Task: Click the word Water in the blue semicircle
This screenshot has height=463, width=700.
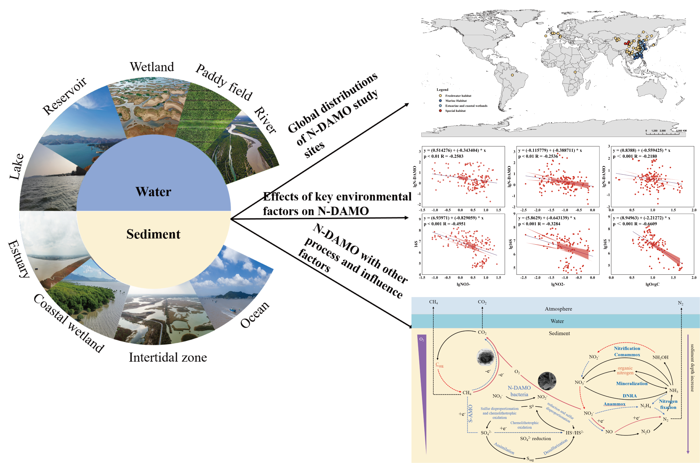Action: pos(153,192)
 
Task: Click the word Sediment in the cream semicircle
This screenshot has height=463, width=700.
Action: pos(153,234)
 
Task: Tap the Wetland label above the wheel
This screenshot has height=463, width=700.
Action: pos(152,67)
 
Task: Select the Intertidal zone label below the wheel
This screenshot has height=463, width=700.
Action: pos(168,357)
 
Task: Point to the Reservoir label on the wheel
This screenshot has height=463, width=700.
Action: pos(64,96)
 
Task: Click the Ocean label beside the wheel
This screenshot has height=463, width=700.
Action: pos(255,314)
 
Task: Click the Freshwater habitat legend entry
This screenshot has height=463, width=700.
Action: pos(458,96)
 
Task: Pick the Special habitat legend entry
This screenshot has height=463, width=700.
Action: pos(455,111)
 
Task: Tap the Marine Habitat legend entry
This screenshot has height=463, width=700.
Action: pos(455,101)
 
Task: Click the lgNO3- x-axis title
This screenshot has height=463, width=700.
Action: pos(463,284)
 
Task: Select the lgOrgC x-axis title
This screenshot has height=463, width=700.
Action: pos(652,284)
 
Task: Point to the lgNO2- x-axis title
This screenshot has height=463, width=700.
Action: pos(558,284)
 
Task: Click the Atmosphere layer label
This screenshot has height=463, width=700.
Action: pos(558,309)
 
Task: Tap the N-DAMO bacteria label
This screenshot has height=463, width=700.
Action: pos(519,391)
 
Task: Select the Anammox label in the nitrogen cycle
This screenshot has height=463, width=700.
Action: pos(614,404)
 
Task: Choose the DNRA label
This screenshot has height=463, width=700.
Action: pos(629,396)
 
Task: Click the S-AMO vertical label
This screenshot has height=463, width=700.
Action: pos(471,413)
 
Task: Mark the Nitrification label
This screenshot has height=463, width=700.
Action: pos(627,348)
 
